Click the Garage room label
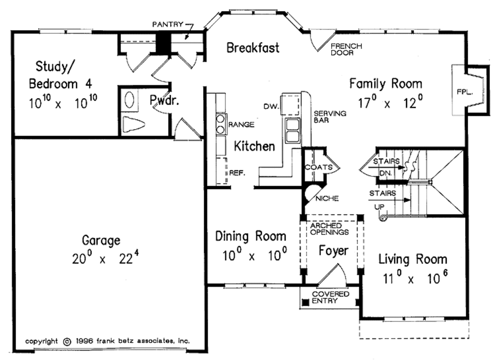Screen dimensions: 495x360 pos(101,241)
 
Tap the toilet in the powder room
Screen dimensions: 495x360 pos(133,124)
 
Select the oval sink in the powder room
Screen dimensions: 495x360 pos(130,101)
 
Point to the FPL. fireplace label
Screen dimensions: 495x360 pos(465,92)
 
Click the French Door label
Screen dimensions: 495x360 pos(346,50)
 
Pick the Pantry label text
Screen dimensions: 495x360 pos(168,24)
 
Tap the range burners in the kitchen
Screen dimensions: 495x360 pos(220,124)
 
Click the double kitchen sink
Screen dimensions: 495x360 pos(293,130)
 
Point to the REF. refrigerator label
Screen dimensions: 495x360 pos(237,173)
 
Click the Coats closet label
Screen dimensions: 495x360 pos(319,167)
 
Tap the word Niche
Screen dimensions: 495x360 pos(327,199)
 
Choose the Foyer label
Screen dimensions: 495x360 pos(334,250)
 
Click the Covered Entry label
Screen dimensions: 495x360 pos(330,297)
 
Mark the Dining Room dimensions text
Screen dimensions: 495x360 pos(255,255)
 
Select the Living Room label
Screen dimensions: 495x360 pos(413,259)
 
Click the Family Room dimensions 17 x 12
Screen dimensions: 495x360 pos(390,102)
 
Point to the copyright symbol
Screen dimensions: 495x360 pos(67,342)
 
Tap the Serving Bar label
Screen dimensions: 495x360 pos(330,116)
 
